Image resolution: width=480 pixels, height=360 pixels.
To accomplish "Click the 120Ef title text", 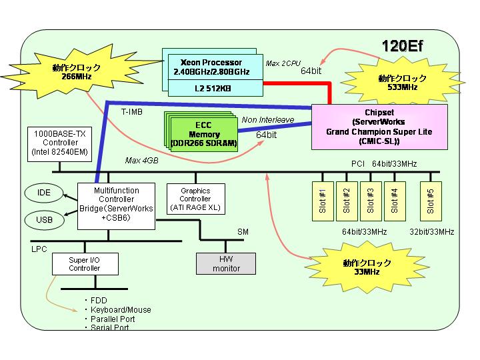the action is pyautogui.click(x=402, y=47).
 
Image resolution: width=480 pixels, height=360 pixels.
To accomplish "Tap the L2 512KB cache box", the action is pyautogui.click(x=215, y=88).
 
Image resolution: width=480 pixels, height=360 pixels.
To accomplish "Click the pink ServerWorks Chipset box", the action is pyautogui.click(x=379, y=127).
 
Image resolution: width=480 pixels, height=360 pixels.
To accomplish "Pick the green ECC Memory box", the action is pyautogui.click(x=204, y=135).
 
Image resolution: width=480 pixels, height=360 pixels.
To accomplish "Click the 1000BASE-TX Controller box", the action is pyautogui.click(x=60, y=145).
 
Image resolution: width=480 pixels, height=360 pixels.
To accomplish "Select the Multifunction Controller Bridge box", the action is pyautogui.click(x=116, y=206).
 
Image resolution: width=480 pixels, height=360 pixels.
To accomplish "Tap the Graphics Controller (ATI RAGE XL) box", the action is pyautogui.click(x=196, y=199).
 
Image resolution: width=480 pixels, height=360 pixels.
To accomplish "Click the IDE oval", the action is pyautogui.click(x=44, y=193).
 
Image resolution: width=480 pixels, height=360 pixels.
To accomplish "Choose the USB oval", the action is pyautogui.click(x=45, y=220).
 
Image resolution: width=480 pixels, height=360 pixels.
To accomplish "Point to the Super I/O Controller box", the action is pyautogui.click(x=85, y=264).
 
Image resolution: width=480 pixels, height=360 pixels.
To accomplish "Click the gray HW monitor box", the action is pyautogui.click(x=226, y=263).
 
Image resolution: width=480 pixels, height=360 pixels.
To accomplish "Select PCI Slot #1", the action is pyautogui.click(x=323, y=201).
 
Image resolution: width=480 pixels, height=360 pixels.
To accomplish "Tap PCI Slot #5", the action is pyautogui.click(x=431, y=201).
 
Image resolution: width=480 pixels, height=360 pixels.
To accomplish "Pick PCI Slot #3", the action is pyautogui.click(x=371, y=201).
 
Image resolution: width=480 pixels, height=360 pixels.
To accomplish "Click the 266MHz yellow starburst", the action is pyautogui.click(x=77, y=71).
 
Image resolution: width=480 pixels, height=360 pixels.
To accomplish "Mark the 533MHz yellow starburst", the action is pyautogui.click(x=402, y=83).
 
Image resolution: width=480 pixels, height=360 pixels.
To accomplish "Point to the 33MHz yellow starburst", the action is pyautogui.click(x=367, y=267).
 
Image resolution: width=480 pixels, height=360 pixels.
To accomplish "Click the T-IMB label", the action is pyautogui.click(x=132, y=112).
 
